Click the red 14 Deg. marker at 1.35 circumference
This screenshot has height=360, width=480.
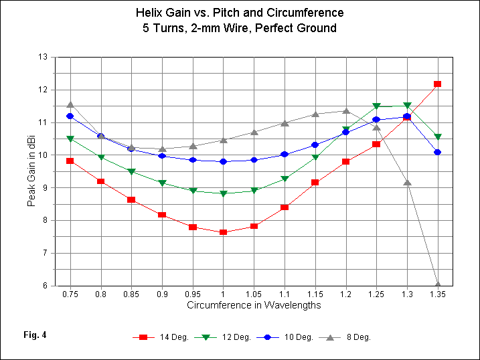438,84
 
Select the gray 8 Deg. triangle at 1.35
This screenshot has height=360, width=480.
438,284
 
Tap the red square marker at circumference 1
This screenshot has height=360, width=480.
223,232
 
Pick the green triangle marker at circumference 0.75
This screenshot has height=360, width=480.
70,139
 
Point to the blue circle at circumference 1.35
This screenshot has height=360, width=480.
438,152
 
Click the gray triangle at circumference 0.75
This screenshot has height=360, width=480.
70,105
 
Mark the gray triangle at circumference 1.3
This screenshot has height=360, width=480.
407,182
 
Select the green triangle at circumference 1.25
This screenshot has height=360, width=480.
376,106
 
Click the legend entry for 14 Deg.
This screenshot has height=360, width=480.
159,337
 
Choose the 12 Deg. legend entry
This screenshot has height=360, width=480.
224,337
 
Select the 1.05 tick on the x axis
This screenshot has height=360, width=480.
254,294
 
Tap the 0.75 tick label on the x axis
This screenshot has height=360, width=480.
70,294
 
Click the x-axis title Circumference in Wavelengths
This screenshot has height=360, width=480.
254,305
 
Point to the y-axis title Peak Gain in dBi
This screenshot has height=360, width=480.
31,171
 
